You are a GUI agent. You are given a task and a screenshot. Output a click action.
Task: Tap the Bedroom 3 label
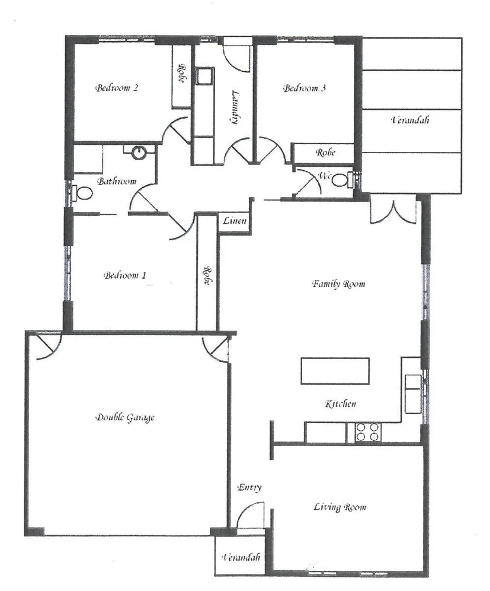[x=305, y=88]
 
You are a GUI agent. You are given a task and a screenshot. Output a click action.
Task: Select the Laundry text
[x=235, y=107]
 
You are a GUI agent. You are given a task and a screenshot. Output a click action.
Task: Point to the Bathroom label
[x=117, y=181]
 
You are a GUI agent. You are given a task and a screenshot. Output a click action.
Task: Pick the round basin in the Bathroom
[x=139, y=152]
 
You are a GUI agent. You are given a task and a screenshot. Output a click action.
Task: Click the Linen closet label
[x=234, y=221]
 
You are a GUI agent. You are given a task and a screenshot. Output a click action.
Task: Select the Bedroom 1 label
[x=124, y=275]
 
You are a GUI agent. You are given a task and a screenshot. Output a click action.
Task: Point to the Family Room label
[x=338, y=284]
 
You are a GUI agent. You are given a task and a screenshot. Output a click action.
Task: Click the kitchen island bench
[x=335, y=371]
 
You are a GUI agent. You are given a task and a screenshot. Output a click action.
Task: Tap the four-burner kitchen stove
[x=367, y=433]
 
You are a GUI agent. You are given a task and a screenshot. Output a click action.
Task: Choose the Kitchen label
[x=340, y=404]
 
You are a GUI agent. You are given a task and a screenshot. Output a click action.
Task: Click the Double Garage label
[x=124, y=418]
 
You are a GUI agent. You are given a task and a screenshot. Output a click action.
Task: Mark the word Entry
[x=249, y=488]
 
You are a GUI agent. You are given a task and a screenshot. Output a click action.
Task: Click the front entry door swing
[x=249, y=514]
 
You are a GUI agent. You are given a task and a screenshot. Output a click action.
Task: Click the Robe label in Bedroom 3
[x=325, y=152]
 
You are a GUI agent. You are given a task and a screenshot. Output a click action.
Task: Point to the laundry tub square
[x=205, y=77]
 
